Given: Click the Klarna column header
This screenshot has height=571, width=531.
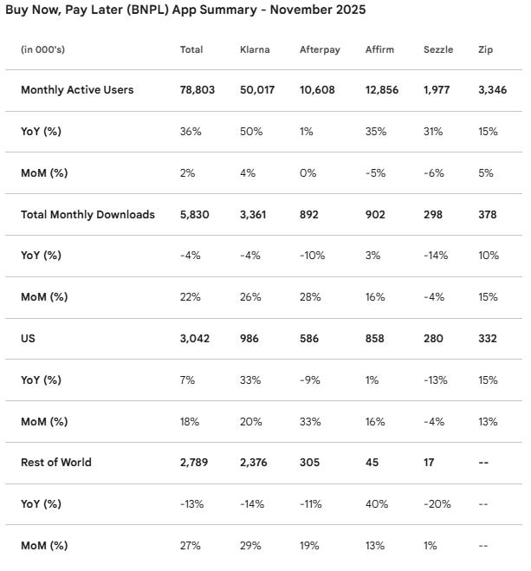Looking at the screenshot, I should [255, 49].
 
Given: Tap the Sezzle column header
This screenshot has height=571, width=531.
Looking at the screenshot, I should [438, 49].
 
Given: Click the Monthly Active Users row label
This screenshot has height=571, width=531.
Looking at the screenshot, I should [77, 89].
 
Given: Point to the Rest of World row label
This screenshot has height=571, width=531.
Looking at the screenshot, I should [55, 463].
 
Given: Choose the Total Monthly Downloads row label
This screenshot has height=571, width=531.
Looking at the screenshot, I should [87, 214].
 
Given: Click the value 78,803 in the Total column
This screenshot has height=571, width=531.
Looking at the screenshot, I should [198, 89].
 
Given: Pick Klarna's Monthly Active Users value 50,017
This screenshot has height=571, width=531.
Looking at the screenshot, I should [258, 89].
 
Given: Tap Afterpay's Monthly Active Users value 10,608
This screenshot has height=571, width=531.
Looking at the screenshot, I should [318, 89].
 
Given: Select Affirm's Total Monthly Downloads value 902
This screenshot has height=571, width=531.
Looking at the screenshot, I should [378, 214].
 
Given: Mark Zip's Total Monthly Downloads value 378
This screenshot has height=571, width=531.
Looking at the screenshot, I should [487, 214].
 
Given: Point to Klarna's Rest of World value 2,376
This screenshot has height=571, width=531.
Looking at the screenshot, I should [256, 463].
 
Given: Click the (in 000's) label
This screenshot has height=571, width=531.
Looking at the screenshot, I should [42, 49].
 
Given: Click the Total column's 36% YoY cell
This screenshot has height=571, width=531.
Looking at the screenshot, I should [190, 132].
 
